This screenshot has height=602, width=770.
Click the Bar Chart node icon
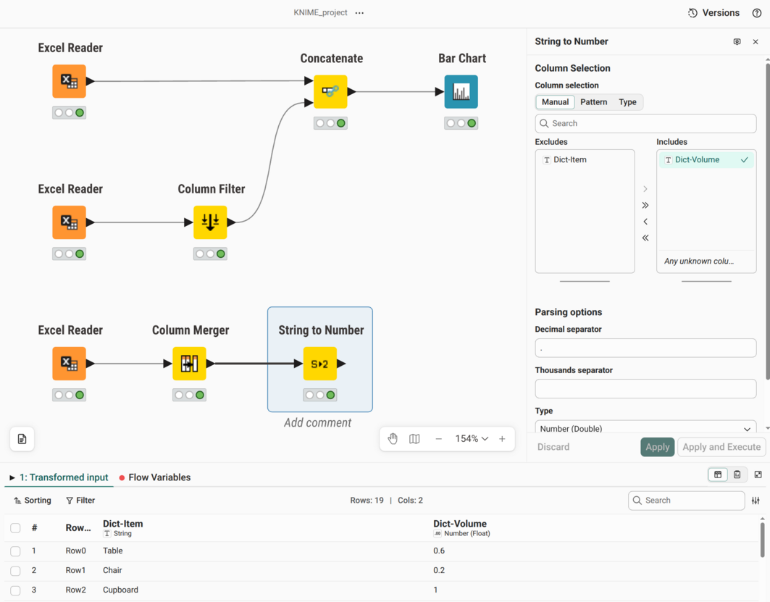[x=461, y=92]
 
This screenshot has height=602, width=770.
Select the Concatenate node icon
[x=330, y=92]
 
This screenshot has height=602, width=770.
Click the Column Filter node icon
[x=210, y=222]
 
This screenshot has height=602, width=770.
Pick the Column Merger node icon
[x=189, y=364]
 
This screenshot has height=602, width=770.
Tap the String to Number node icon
[x=320, y=364]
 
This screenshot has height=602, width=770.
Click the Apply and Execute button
[x=721, y=447]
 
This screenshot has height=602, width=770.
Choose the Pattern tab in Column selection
[x=594, y=102]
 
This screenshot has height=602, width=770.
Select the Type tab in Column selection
[x=627, y=102]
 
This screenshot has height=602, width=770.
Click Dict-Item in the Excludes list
[x=569, y=159]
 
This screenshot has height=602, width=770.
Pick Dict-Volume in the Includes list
[x=697, y=159]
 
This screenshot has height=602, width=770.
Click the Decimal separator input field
[x=645, y=348]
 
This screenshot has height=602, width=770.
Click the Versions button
[x=713, y=13]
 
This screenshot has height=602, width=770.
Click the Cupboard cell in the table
[x=120, y=590]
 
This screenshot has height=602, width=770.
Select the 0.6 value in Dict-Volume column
[x=439, y=551]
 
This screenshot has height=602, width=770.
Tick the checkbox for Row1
[x=15, y=571]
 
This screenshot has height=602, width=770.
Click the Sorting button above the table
[x=33, y=501]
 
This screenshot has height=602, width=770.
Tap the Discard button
[x=553, y=447]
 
